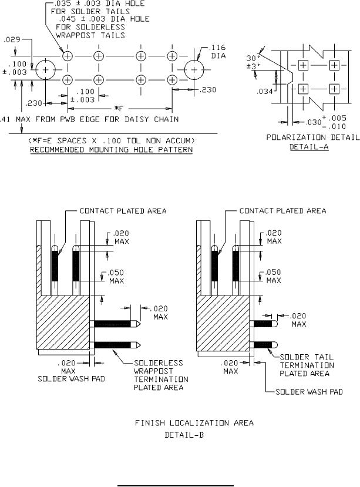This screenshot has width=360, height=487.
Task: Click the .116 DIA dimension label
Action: click(x=217, y=52)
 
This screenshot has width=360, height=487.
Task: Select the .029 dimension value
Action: click(x=12, y=39)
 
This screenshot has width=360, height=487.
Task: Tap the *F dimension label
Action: click(x=119, y=109)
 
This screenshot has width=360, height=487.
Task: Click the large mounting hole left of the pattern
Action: click(x=46, y=70)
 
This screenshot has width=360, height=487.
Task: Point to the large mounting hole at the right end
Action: click(x=194, y=70)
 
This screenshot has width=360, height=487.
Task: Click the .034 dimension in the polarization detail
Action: click(x=265, y=91)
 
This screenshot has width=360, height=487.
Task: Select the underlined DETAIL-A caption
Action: click(x=309, y=147)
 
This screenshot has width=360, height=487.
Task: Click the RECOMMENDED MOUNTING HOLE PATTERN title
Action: click(x=111, y=150)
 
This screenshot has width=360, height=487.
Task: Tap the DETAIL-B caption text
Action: click(x=184, y=435)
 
